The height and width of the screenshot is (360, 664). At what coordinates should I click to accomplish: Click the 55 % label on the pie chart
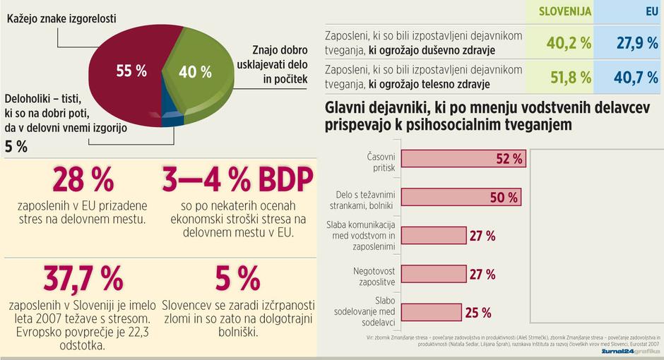click(131, 71)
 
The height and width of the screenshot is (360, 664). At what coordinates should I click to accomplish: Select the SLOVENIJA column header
click(566, 12)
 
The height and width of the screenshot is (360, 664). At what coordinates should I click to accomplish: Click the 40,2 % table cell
click(569, 44)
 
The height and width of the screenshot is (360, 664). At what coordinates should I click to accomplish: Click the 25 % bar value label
click(478, 312)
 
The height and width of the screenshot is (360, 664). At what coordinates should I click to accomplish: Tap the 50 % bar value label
click(504, 198)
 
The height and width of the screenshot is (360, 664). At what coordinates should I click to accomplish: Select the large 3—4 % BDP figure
click(237, 181)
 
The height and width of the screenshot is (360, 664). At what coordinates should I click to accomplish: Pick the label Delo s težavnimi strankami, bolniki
click(360, 198)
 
